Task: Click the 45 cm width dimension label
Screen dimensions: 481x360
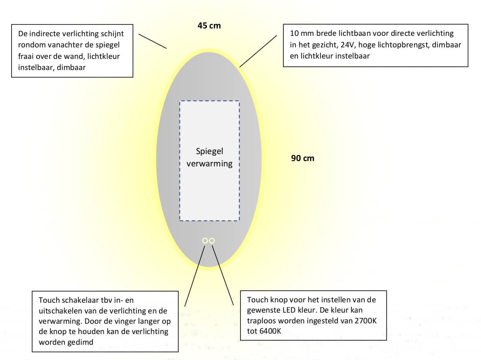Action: pyautogui.click(x=209, y=26)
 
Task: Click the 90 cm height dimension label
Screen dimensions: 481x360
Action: pyautogui.click(x=302, y=158)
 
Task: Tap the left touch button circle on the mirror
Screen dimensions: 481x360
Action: pyautogui.click(x=205, y=241)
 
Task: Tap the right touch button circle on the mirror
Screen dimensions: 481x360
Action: pyautogui.click(x=212, y=241)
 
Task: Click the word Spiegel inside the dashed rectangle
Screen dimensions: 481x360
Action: pyautogui.click(x=210, y=151)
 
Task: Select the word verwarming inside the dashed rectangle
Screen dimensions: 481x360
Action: pyautogui.click(x=210, y=164)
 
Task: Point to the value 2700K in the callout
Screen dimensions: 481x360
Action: pyautogui.click(x=365, y=321)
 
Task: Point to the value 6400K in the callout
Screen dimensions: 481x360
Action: pyautogui.click(x=270, y=331)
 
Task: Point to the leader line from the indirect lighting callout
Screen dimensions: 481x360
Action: pyautogui.click(x=152, y=41)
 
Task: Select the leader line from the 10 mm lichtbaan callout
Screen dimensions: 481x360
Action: pyautogui.click(x=258, y=51)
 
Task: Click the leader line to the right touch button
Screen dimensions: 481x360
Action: pyautogui.click(x=223, y=275)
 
